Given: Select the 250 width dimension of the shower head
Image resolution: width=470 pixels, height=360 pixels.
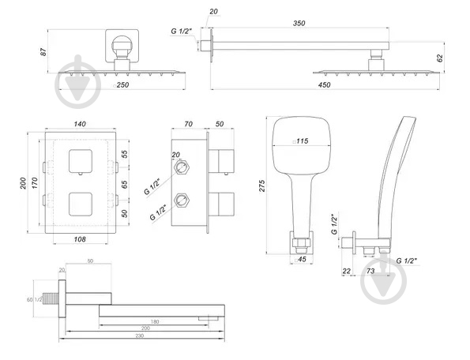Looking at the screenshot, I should pyautogui.click(x=122, y=84).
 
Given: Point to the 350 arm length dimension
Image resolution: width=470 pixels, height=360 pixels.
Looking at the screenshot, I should pyautogui.click(x=299, y=24).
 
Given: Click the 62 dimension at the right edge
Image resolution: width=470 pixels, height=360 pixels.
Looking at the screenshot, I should pyautogui.click(x=440, y=58).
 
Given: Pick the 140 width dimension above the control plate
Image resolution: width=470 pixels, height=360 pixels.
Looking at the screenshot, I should pyautogui.click(x=79, y=125).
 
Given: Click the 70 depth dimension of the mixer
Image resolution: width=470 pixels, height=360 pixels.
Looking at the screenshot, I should pyautogui.click(x=187, y=125).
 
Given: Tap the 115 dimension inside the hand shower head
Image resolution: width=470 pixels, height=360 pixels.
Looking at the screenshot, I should pyautogui.click(x=301, y=141).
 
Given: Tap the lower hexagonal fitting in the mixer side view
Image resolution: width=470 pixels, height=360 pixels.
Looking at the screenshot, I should pyautogui.click(x=182, y=199).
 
